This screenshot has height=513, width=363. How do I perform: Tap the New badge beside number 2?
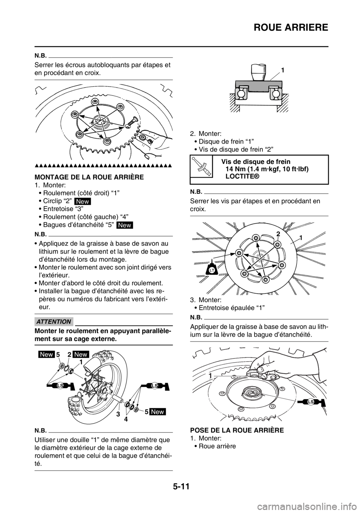(81, 354)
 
